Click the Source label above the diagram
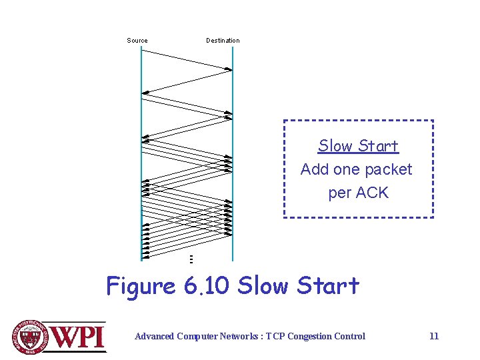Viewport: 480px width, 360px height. pos(137,41)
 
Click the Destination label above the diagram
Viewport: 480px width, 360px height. pos(223,41)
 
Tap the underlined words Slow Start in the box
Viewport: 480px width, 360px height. pos(358,146)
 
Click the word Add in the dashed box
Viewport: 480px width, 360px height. pos(315,169)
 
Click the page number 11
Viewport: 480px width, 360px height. pos(434,336)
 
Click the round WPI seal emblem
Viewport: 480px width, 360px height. pos(30,336)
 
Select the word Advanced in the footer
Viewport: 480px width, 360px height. pos(155,336)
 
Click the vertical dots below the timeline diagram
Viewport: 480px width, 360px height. pos(191,259)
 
